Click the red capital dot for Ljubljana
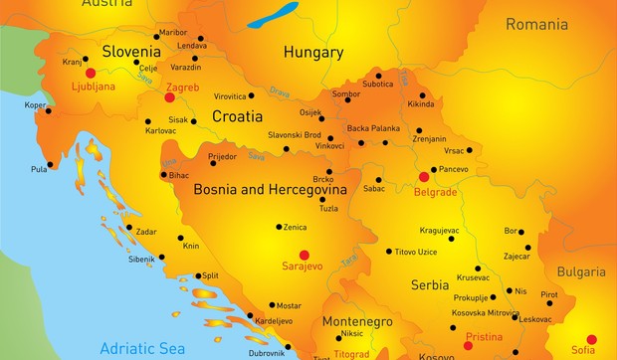pyautogui.click(x=91, y=73)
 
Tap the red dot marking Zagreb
pyautogui.click(x=169, y=97)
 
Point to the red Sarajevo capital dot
pyautogui.click(x=305, y=255)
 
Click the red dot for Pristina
pyautogui.click(x=468, y=346)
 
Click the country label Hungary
pyautogui.click(x=313, y=52)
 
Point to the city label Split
pyautogui.click(x=208, y=275)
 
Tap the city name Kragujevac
pyautogui.click(x=439, y=230)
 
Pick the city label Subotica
pyautogui.click(x=377, y=85)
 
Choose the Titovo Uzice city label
pyautogui.click(x=416, y=252)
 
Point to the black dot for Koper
pyautogui.click(x=47, y=111)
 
